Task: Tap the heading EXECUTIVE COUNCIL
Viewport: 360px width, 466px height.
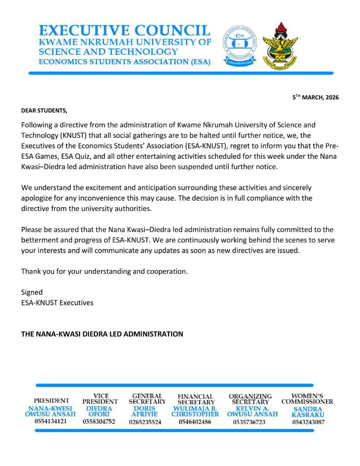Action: click(x=124, y=30)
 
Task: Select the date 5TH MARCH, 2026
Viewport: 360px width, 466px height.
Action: click(x=316, y=97)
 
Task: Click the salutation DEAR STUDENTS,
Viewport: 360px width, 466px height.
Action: click(x=44, y=110)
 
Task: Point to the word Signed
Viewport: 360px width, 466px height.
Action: click(x=32, y=292)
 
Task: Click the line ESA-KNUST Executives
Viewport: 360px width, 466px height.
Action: click(x=57, y=302)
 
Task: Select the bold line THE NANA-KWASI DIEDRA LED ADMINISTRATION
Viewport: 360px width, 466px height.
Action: click(x=102, y=334)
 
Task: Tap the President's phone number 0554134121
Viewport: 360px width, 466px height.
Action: click(x=51, y=421)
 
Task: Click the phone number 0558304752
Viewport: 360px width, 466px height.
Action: click(x=99, y=422)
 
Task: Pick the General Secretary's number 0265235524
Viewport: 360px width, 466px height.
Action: click(x=145, y=422)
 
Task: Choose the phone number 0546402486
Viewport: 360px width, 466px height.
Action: click(x=195, y=422)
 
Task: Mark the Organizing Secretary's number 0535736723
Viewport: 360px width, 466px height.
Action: click(x=249, y=422)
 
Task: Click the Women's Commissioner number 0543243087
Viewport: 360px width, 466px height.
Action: click(x=308, y=422)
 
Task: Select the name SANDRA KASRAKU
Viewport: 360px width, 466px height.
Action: click(x=308, y=412)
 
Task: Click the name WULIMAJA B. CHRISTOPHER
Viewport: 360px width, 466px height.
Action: click(x=195, y=411)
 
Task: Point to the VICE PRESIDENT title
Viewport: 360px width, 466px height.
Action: click(x=100, y=398)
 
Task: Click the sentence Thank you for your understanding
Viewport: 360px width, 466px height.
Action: click(x=104, y=271)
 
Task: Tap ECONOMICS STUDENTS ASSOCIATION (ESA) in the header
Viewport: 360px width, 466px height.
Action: click(x=124, y=62)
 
